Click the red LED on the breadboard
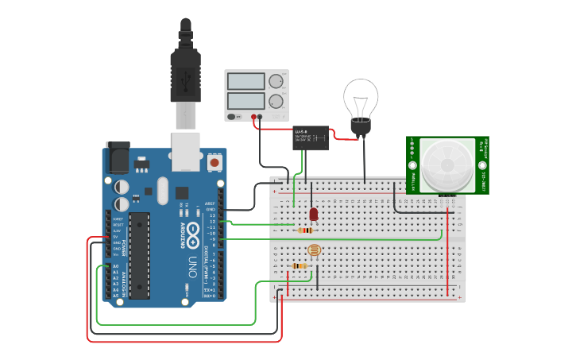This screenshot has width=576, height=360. (313, 213)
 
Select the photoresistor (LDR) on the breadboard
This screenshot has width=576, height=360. (312, 251)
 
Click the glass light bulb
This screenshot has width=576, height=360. (361, 99)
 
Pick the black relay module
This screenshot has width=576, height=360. (311, 138)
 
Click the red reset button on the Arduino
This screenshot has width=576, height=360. (214, 162)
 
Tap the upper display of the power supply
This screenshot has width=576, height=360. (246, 81)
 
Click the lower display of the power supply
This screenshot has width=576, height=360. (246, 101)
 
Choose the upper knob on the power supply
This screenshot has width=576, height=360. (276, 81)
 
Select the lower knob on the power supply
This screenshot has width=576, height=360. (276, 101)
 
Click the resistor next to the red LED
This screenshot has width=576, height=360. (305, 230)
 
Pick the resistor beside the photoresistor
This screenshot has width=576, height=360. (299, 265)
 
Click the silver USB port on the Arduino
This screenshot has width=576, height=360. (186, 151)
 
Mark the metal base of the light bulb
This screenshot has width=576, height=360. (361, 127)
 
